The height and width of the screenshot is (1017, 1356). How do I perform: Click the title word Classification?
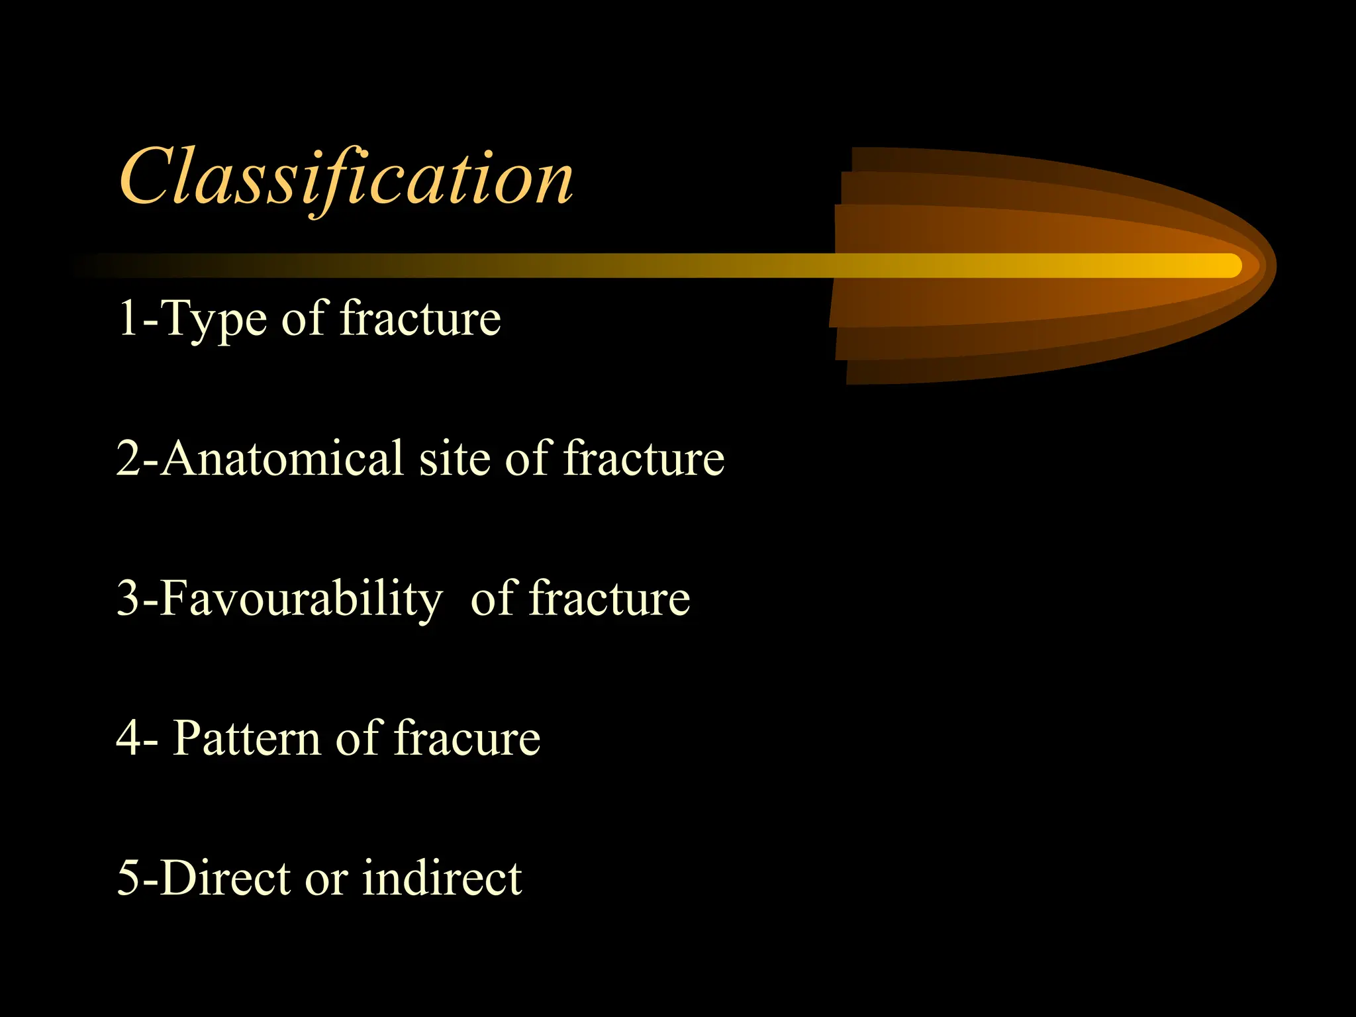346,177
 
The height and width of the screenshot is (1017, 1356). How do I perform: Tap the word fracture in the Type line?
420,318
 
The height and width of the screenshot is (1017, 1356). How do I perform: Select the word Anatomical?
282,458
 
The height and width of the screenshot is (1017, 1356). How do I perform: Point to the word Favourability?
301,599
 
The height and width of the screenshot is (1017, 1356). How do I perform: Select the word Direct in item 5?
226,878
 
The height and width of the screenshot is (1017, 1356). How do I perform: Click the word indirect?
442,878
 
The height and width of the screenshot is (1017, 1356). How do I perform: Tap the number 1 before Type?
127,319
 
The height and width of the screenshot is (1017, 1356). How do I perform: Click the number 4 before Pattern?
128,738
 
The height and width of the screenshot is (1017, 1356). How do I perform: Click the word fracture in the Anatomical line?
644,458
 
